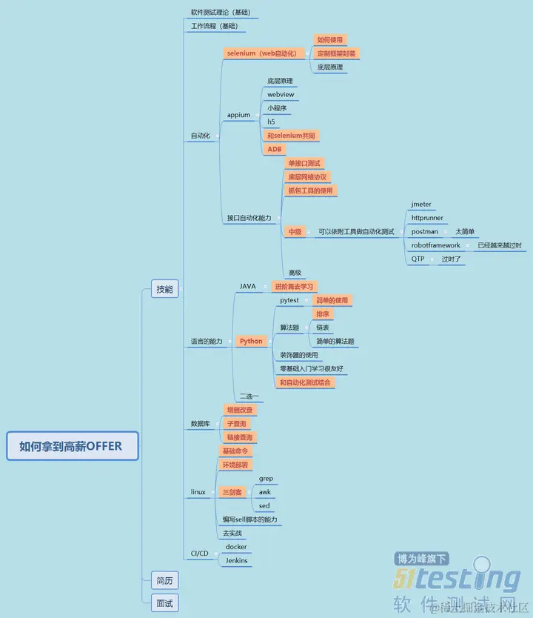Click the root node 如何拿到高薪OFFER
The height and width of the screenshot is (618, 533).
click(72, 447)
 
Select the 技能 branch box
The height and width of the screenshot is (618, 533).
click(164, 289)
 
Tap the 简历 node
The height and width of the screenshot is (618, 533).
click(164, 580)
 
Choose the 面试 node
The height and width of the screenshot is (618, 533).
click(164, 603)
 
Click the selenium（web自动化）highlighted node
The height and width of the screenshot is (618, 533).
click(261, 53)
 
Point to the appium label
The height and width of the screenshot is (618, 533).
click(238, 115)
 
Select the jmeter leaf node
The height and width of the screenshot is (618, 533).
click(421, 204)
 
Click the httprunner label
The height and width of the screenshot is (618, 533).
click(427, 218)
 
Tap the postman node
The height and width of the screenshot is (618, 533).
click(424, 232)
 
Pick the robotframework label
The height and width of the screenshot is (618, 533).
click(435, 245)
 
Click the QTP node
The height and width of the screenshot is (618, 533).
click(418, 259)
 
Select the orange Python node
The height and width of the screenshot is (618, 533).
click(251, 342)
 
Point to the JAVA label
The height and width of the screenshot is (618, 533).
click(247, 286)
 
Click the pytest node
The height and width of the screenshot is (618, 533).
click(289, 300)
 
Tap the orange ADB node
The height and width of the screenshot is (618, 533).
click(275, 149)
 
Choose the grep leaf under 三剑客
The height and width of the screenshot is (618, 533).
click(266, 479)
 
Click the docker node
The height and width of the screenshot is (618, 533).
click(236, 547)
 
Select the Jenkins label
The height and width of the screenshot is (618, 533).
click(236, 561)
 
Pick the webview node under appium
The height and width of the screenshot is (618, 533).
click(281, 95)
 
